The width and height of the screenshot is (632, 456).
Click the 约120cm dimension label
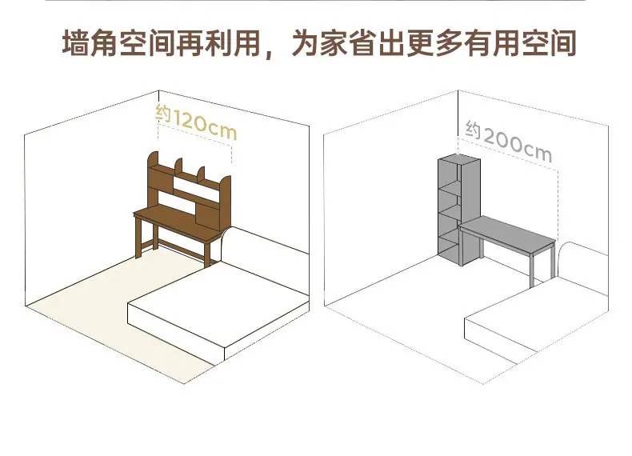coord(196,121)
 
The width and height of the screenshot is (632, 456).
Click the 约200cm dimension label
coord(509,141)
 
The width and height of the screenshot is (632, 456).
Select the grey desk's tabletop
coord(508,234)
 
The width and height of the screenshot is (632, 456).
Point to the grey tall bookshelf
coord(458,210)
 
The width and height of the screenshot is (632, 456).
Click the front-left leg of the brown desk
coord(138,237)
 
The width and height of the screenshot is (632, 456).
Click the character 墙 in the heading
coord(75,42)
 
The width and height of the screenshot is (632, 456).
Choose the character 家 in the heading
coord(334,42)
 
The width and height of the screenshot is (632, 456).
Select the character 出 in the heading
coord(391,42)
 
